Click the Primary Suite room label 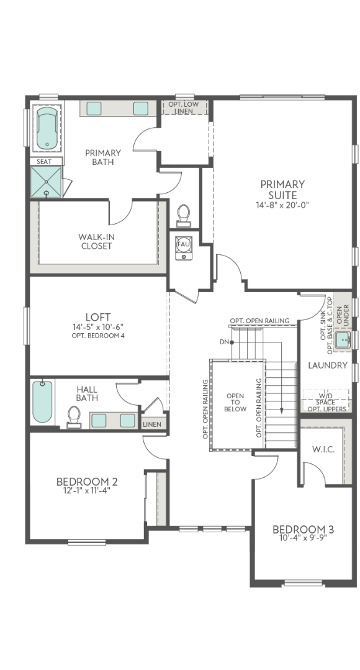(x=282, y=190)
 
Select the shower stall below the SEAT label (x=46, y=182)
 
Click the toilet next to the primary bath (x=184, y=215)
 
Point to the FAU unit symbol (x=184, y=247)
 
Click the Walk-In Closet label (x=97, y=241)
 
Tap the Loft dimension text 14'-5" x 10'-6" (x=98, y=327)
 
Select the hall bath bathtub (x=42, y=401)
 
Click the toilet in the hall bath (x=74, y=417)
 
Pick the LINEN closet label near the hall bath (x=152, y=424)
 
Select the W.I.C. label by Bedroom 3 (x=323, y=449)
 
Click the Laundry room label (x=328, y=365)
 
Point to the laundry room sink (x=343, y=340)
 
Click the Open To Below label (x=235, y=403)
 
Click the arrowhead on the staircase (x=281, y=411)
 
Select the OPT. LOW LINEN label (x=184, y=108)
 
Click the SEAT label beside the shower (x=44, y=161)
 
